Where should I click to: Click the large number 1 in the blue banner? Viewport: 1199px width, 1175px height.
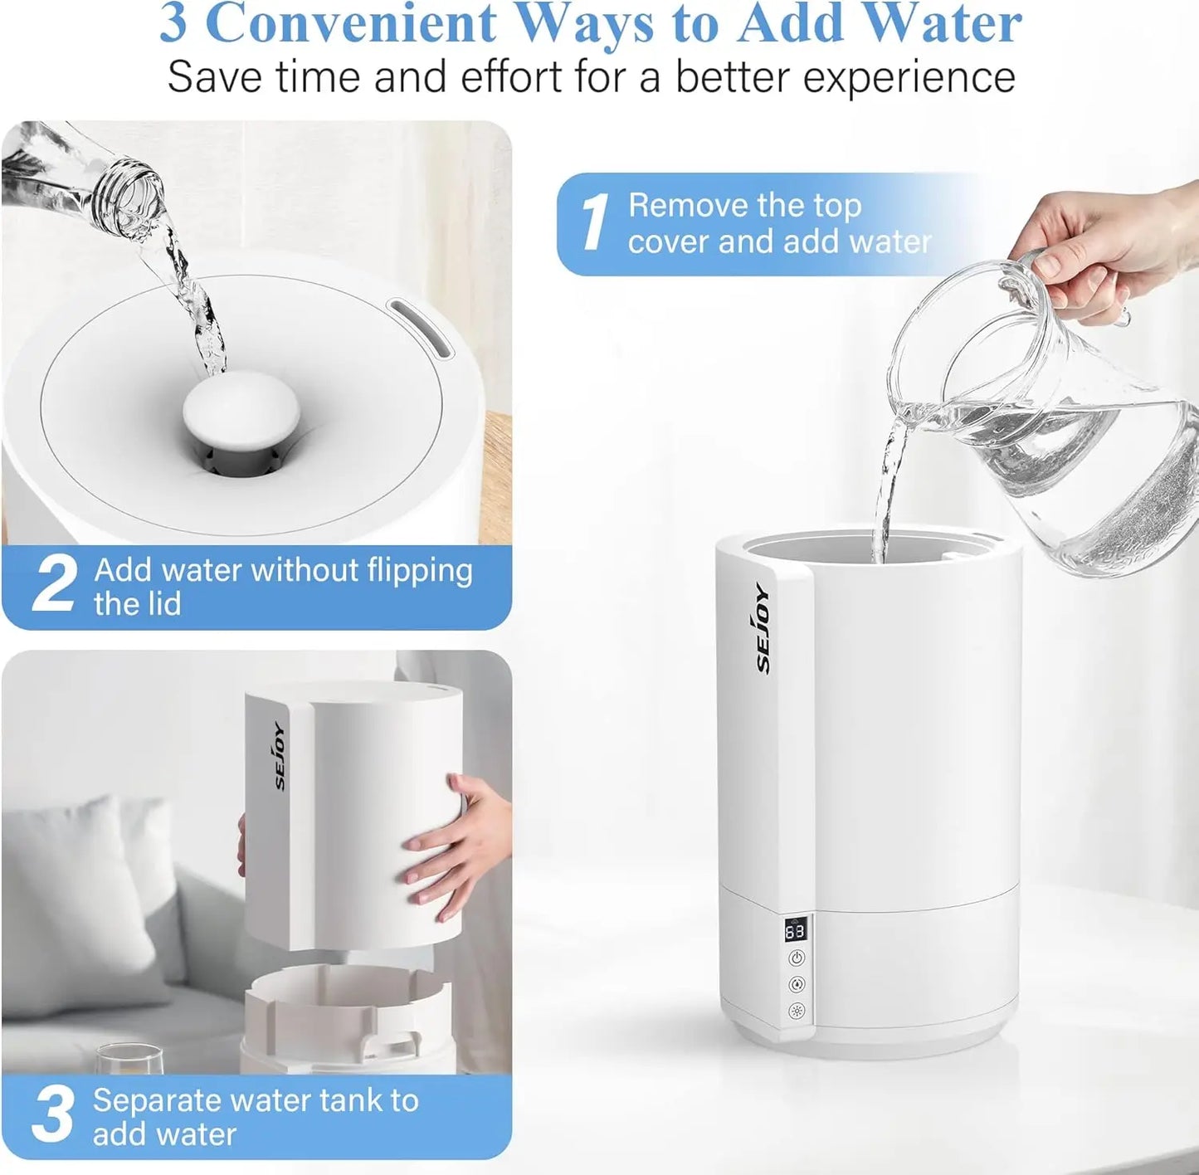(x=594, y=222)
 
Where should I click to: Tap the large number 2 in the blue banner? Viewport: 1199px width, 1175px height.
(x=54, y=585)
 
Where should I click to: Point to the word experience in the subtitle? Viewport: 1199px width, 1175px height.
(x=909, y=77)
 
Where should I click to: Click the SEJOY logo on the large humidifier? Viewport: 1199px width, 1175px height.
(x=763, y=628)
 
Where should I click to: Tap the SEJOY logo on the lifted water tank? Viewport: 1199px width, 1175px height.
(x=279, y=756)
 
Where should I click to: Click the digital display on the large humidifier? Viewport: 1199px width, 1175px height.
(x=794, y=929)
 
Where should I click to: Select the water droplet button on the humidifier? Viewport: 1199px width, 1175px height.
(x=797, y=985)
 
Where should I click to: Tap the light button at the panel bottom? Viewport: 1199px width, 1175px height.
(x=797, y=1011)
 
